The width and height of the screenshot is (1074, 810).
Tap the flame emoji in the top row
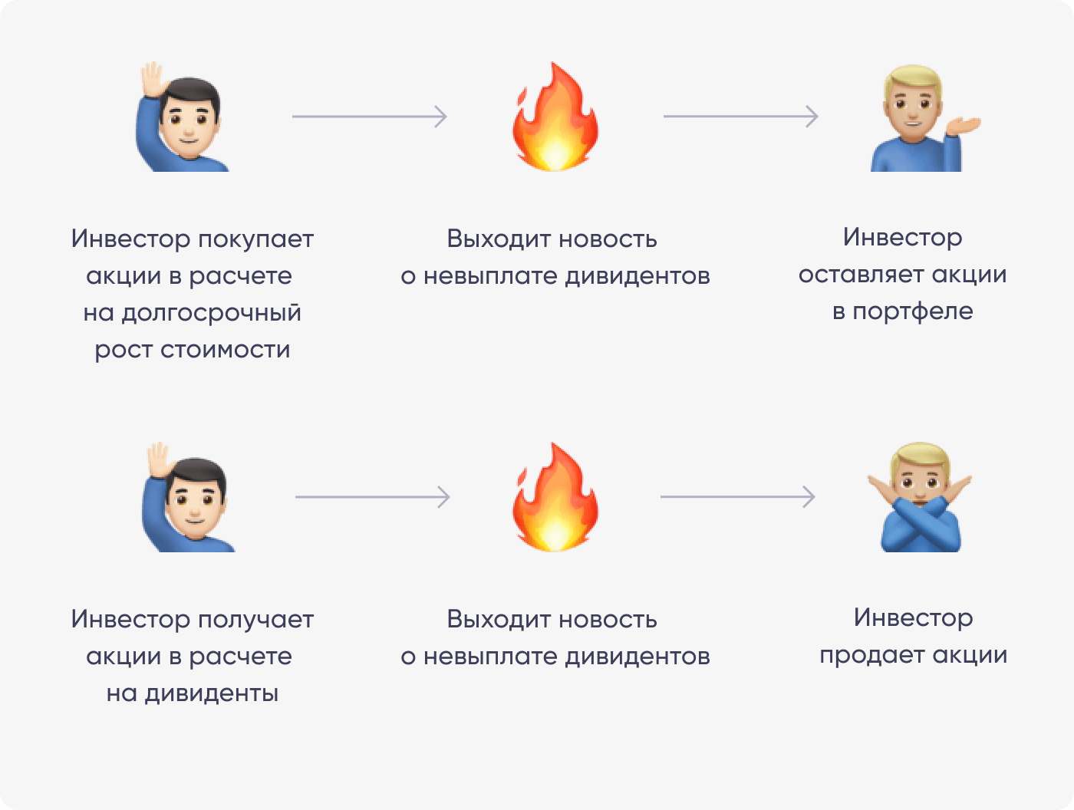click(x=555, y=119)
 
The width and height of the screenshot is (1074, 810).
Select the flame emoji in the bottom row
click(x=555, y=499)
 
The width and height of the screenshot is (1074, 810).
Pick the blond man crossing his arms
click(x=919, y=499)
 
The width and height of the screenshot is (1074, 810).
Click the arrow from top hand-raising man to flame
click(x=369, y=117)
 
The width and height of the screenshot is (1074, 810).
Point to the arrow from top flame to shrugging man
click(x=740, y=117)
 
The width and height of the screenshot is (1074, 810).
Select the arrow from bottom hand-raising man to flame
click(x=372, y=497)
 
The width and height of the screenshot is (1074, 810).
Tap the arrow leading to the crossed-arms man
click(x=737, y=497)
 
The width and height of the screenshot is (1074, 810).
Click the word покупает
click(x=255, y=239)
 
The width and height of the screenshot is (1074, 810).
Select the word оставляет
click(x=861, y=275)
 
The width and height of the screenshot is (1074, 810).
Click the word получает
click(x=255, y=620)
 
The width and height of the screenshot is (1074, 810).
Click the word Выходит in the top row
click(x=498, y=239)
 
